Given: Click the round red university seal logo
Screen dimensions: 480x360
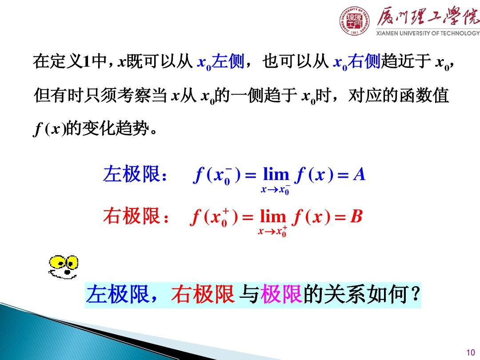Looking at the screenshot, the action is tap(354, 20).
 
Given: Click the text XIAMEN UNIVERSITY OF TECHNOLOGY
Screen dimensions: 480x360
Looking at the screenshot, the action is tap(428, 33).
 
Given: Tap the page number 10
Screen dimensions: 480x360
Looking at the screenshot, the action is tap(471, 352).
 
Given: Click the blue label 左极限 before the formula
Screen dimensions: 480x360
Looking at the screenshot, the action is tap(132, 174).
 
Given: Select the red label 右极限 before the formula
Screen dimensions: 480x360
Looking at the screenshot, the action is tap(132, 216).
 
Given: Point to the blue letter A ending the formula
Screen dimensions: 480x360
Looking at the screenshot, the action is tap(359, 175).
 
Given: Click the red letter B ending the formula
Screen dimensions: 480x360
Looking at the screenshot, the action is tap(356, 216).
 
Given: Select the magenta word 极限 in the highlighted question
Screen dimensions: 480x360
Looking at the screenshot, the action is tap(281, 295).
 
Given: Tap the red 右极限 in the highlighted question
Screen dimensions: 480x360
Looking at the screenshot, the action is tap(203, 295).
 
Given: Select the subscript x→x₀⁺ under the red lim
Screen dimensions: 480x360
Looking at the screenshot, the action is tap(272, 232).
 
